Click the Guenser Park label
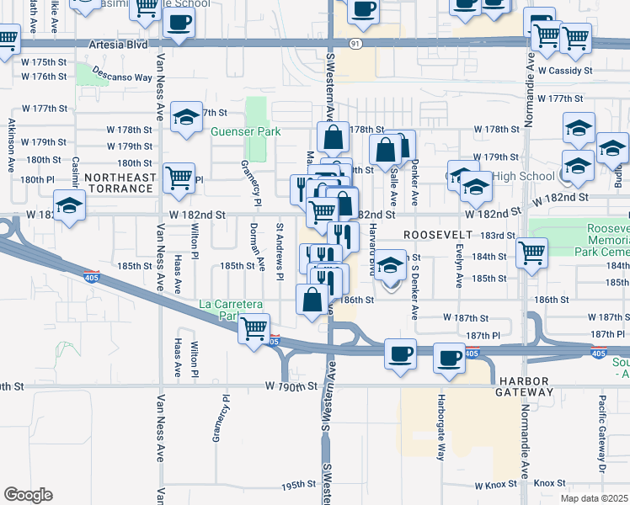coord(245,132)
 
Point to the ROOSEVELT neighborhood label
coord(435,233)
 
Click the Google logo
coord(28,495)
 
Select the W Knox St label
coord(499,486)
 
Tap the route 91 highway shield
coord(357,42)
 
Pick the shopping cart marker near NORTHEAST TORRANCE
coord(179,178)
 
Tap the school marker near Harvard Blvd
coord(390,268)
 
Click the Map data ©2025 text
coord(594,498)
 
